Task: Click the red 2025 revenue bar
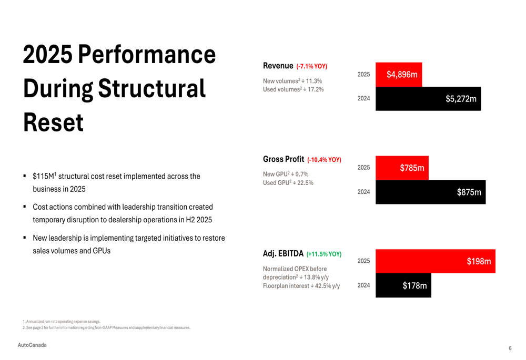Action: pos(399,75)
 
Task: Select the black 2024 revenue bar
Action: pos(428,98)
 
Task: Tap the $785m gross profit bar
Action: pos(402,168)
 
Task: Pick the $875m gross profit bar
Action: pos(430,192)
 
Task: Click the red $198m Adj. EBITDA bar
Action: pos(435,261)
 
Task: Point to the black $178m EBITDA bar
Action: pos(403,285)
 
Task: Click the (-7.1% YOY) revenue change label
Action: pos(312,67)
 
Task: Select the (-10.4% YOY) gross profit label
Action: pos(324,160)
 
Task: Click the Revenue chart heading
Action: pos(278,66)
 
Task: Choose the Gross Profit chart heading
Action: pos(284,159)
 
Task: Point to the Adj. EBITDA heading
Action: pos(283,254)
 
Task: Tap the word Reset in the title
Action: pos(53,122)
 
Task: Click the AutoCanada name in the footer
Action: pos(32,345)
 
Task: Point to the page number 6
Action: pos(510,348)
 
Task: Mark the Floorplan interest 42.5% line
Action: pos(301,286)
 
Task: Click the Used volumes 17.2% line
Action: pos(293,89)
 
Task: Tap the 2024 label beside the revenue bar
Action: pos(363,98)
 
